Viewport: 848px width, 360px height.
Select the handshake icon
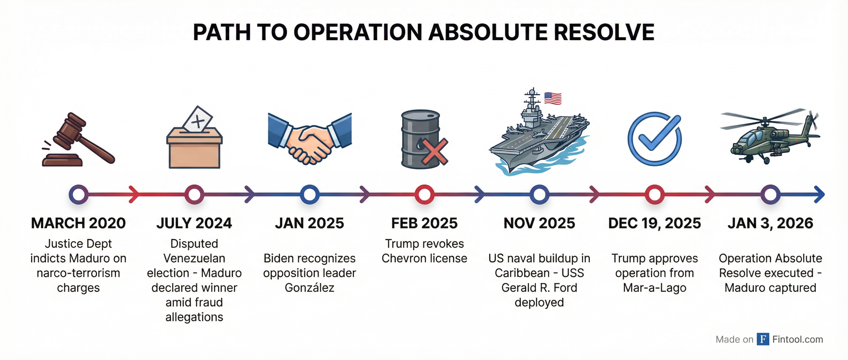point(310,138)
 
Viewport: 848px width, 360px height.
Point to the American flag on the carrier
point(553,98)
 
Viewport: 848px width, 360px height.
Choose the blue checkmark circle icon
point(655,138)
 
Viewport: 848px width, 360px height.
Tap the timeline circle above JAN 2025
point(309,194)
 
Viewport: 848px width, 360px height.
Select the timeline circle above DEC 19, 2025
point(654,194)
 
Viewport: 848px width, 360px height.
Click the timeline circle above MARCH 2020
point(78,194)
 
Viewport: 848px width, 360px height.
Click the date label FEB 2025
point(424,223)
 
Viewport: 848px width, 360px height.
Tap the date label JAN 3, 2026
point(770,223)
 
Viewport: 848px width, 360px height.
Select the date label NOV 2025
point(539,223)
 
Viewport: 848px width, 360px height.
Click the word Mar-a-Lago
point(655,288)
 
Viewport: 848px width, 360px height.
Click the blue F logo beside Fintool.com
point(763,339)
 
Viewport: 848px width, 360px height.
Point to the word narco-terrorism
point(78,273)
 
